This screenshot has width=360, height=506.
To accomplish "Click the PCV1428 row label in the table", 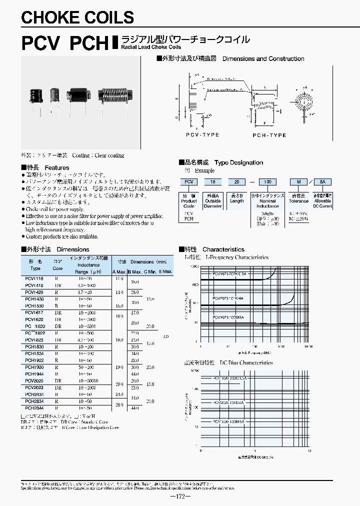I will pyautogui.click(x=33, y=291).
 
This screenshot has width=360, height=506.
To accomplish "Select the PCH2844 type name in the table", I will pyautogui.click(x=33, y=408).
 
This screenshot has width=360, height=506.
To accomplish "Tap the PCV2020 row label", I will pyautogui.click(x=33, y=380).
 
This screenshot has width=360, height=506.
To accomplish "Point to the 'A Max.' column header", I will pyautogui.click(x=119, y=271).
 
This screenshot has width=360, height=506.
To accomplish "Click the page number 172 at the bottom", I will pyautogui.click(x=180, y=496).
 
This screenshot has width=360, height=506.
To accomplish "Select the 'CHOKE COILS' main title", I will pyautogui.click(x=77, y=17).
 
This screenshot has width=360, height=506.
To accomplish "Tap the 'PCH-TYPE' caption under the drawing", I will pyautogui.click(x=269, y=135).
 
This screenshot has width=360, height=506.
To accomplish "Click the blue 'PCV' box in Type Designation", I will pyautogui.click(x=188, y=183).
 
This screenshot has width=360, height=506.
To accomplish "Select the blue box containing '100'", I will pyautogui.click(x=268, y=183).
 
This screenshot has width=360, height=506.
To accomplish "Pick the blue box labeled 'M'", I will pyautogui.click(x=298, y=183).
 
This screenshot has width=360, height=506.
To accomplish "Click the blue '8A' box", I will pyautogui.click(x=322, y=183).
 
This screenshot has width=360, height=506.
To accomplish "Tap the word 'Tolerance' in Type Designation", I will pyautogui.click(x=298, y=201).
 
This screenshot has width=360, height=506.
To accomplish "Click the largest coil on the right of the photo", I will pyautogui.click(x=115, y=93).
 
